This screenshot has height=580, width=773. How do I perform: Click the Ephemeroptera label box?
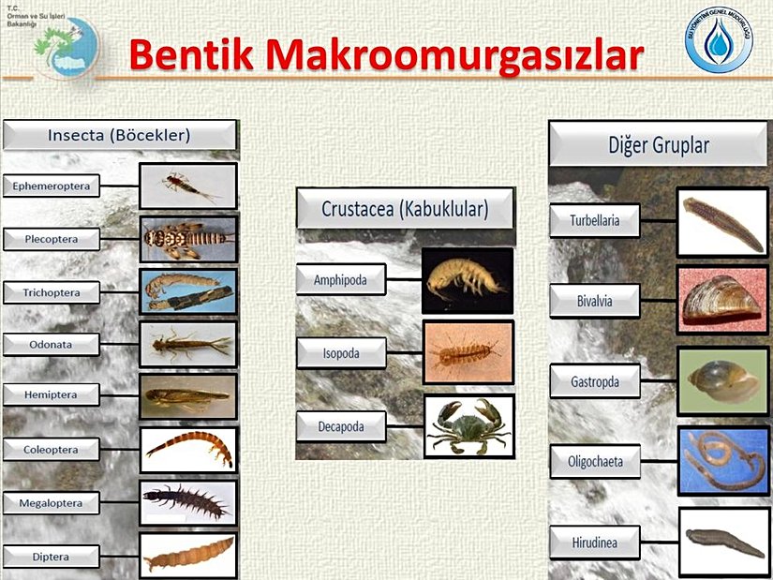(52, 186)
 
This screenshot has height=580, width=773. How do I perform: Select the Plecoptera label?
(52, 240)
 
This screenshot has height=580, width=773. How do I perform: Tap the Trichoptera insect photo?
(188, 291)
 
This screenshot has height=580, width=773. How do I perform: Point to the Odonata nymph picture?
(188, 345)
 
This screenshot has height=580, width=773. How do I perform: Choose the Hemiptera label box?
(52, 395)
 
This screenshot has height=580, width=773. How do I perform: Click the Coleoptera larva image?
(188, 449)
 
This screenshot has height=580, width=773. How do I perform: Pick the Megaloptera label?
(52, 503)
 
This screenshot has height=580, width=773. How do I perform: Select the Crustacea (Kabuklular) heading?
(406, 209)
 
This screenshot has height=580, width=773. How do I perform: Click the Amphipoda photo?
(467, 279)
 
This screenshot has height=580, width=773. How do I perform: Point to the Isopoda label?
(341, 353)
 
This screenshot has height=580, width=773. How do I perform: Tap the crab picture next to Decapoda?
(468, 426)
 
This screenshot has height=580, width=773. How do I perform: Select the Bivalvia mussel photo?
(721, 300)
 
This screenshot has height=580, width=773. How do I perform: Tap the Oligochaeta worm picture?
(721, 460)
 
